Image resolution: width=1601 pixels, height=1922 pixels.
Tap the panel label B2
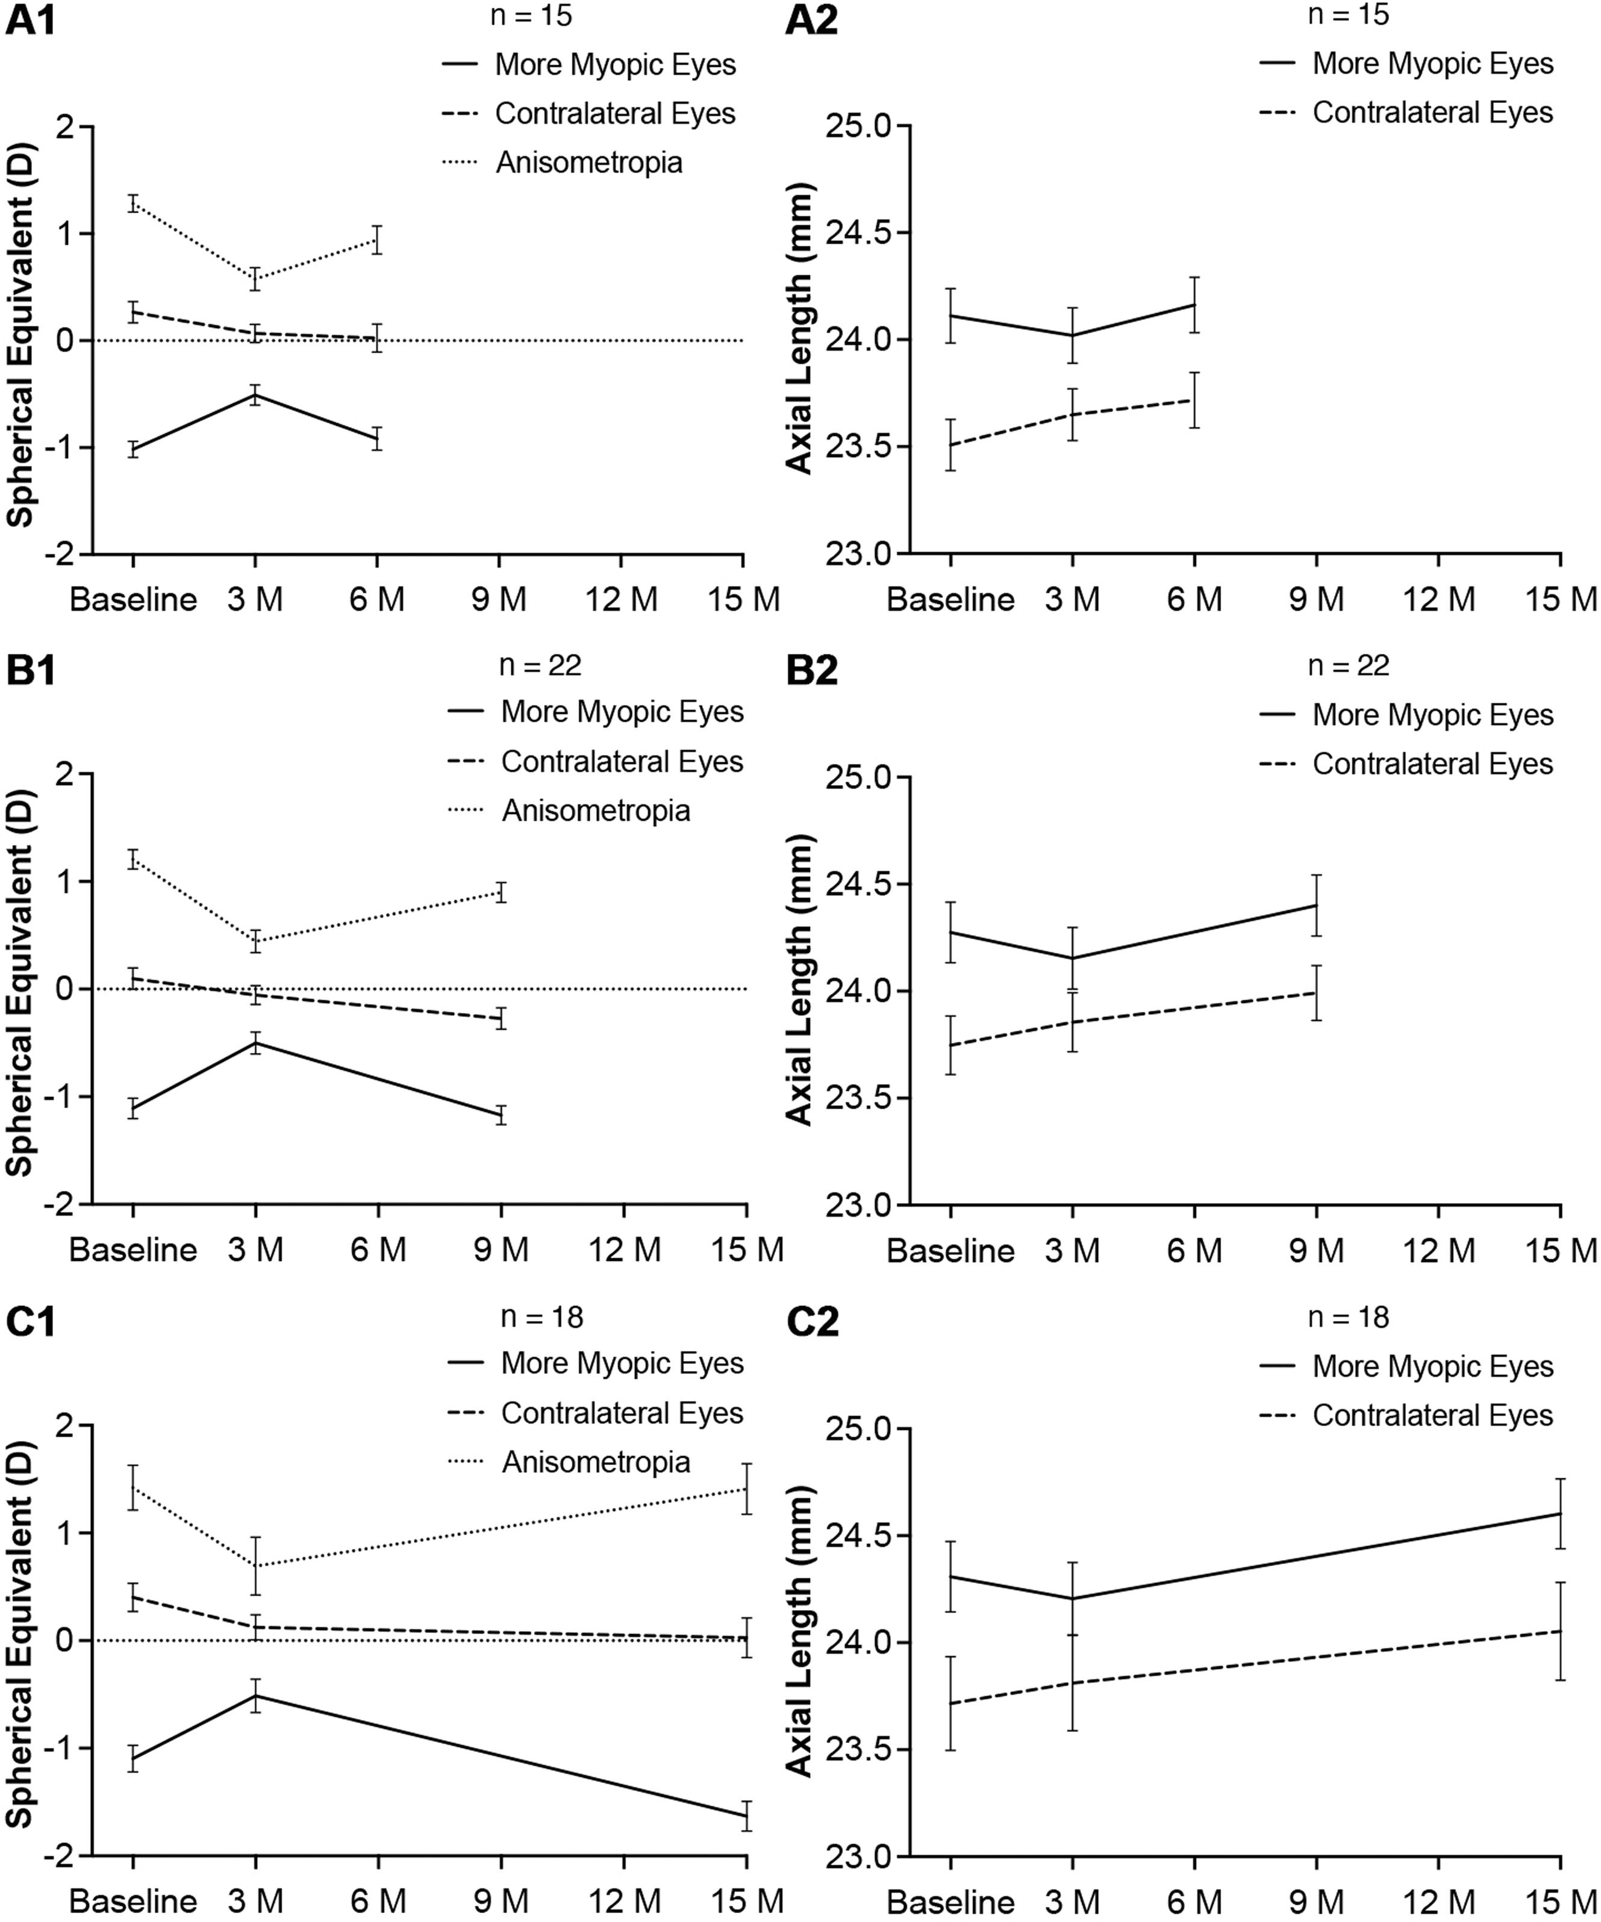[x=812, y=671]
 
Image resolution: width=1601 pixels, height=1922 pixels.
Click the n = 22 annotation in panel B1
[x=540, y=665]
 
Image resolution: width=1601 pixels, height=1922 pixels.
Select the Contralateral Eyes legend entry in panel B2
[x=1432, y=764]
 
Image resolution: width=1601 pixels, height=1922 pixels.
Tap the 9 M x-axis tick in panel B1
[x=502, y=1250]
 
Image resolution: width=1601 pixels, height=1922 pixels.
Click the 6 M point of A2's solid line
[x=1194, y=305]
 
